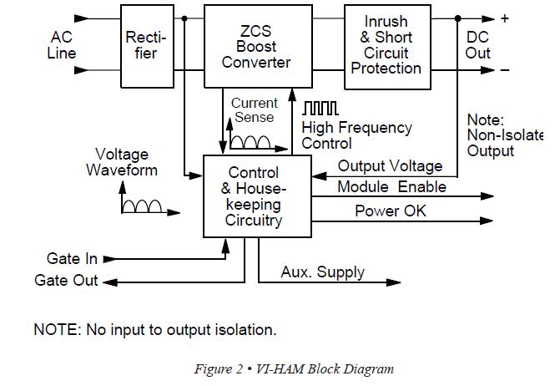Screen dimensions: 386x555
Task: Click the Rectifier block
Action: (x=146, y=46)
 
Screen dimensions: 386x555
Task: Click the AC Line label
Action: (x=62, y=45)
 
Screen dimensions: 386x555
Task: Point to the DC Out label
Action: (x=478, y=46)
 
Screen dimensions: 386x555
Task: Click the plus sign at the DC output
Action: (x=504, y=18)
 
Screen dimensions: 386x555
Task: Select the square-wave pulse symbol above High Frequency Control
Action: (x=320, y=109)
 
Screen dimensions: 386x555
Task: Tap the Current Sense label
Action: (x=254, y=110)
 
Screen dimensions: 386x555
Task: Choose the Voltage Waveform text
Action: (x=122, y=162)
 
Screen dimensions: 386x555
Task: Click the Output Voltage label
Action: (x=390, y=166)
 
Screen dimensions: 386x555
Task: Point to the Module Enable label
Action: (x=391, y=187)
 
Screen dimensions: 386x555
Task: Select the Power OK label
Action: (x=390, y=211)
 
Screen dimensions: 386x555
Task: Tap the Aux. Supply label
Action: (x=322, y=272)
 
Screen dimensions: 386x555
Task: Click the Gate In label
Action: (x=73, y=259)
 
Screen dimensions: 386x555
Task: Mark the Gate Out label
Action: (x=66, y=281)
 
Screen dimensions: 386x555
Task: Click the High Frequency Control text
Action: (x=356, y=135)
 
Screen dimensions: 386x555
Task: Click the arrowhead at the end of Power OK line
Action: (x=487, y=221)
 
